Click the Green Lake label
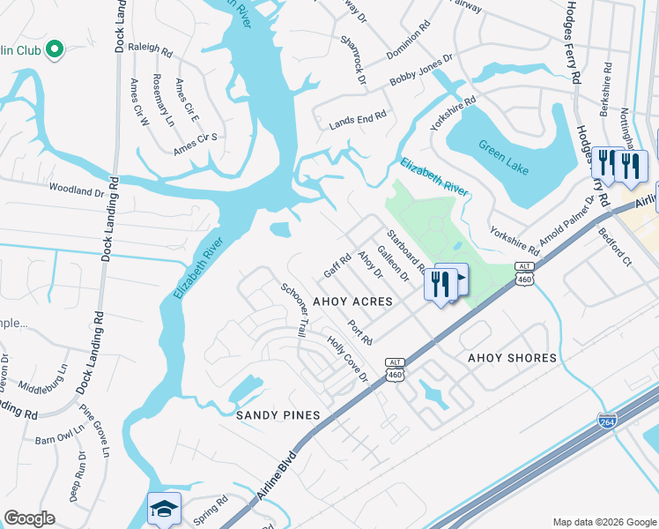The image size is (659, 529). [x=504, y=157]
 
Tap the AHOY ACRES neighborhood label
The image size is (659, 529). [x=352, y=302]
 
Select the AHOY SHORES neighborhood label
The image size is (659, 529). [x=512, y=358]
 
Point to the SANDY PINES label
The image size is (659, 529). [x=277, y=414]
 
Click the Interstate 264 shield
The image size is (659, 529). [x=607, y=421]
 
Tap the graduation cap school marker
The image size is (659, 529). [x=164, y=509]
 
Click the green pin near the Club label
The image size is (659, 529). [x=54, y=50]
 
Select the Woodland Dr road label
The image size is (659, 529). [x=77, y=190]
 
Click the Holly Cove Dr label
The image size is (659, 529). [x=348, y=360]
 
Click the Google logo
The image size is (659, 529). [x=29, y=519]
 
